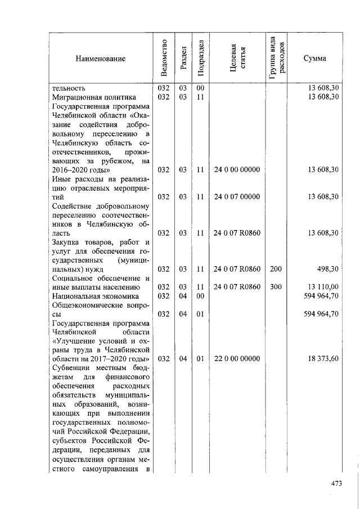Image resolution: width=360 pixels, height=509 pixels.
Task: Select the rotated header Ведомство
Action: coord(164,58)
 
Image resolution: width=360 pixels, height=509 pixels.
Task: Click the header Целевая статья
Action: coord(237,58)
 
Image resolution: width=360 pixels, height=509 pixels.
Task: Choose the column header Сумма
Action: coord(314,58)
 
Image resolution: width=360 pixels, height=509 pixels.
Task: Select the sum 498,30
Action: coord(327,269)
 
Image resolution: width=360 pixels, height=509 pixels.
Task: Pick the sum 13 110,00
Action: coord(323,287)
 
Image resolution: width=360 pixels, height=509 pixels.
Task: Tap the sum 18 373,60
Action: coord(323,358)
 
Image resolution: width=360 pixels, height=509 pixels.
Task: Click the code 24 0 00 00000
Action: coord(237,169)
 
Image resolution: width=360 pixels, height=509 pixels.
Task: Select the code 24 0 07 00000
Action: coord(237,196)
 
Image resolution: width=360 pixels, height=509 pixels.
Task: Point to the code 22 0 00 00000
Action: coord(237,358)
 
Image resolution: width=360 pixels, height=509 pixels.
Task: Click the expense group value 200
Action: coord(276,269)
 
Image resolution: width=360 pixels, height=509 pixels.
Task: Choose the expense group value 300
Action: coord(276,287)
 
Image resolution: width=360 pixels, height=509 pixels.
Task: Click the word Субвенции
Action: coord(70,367)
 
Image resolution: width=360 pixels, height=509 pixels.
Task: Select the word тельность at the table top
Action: coord(68,88)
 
